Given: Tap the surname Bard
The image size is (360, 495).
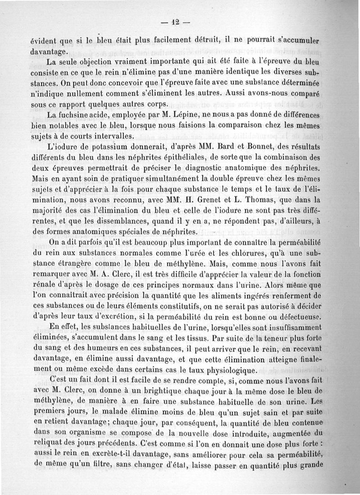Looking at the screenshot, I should (x=241, y=146).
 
